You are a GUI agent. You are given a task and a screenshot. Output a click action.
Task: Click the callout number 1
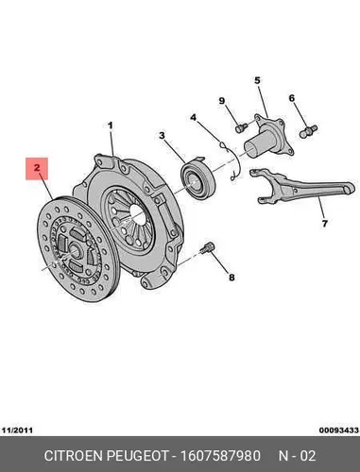click(111, 126)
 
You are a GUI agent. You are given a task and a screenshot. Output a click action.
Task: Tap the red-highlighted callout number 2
click(37, 168)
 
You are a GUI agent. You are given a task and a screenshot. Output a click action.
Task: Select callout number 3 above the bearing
click(162, 136)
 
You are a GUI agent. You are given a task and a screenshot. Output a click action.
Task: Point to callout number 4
click(193, 118)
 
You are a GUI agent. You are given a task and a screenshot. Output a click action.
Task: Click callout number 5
click(257, 80)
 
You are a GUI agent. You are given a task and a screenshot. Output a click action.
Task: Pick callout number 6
click(292, 98)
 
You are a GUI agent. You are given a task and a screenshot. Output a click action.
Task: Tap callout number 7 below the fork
click(325, 224)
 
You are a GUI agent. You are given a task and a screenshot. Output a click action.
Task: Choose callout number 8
click(231, 278)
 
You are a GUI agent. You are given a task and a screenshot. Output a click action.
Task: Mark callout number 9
click(222, 101)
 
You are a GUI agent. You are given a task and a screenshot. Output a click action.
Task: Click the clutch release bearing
click(197, 178)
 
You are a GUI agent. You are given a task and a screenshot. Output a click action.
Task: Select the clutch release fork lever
click(303, 185)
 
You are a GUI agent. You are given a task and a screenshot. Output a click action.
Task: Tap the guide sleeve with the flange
click(266, 135)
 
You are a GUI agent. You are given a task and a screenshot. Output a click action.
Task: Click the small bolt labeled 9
click(241, 127)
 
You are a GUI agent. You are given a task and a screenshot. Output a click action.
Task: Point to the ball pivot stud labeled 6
click(308, 131)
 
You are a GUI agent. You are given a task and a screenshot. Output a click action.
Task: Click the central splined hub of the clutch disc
click(74, 249)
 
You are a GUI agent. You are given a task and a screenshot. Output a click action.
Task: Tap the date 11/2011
click(18, 430)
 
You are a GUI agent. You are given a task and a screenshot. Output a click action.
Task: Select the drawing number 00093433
click(339, 430)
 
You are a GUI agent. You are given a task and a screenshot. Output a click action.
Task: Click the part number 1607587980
click(220, 456)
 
